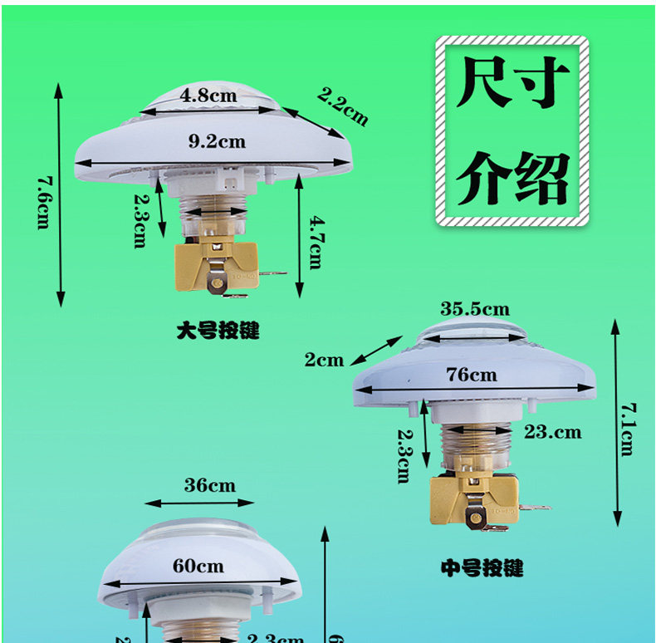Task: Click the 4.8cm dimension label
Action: [x=209, y=96]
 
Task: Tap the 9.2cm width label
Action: [x=217, y=141]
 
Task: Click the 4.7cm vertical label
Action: [x=315, y=242]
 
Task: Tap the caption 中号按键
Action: [x=482, y=569]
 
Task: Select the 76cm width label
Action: [x=471, y=375]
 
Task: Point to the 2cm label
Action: [x=324, y=360]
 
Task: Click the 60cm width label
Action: [x=198, y=566]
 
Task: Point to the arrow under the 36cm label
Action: [x=199, y=502]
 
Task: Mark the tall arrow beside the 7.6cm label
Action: [x=59, y=195]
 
